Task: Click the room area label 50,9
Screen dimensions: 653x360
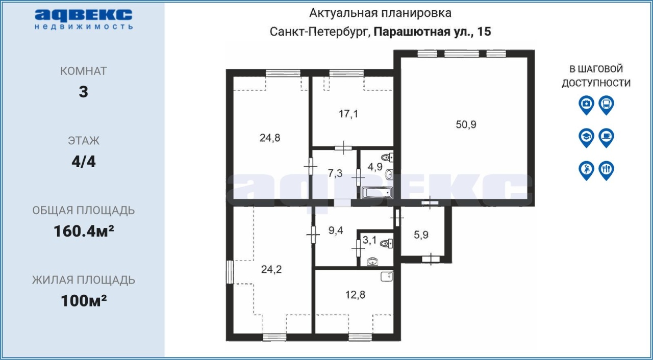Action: click(x=466, y=124)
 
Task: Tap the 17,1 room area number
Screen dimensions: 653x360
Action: click(x=348, y=114)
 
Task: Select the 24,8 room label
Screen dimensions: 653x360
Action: click(x=270, y=138)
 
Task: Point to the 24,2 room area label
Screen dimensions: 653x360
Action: click(x=271, y=270)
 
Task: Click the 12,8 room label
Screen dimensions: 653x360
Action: click(x=356, y=295)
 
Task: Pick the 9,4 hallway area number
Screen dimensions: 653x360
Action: click(x=336, y=230)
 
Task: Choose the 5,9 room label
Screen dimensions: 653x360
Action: click(x=421, y=235)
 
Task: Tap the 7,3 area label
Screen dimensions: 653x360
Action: click(x=335, y=173)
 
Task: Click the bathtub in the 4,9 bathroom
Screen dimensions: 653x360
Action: click(x=376, y=193)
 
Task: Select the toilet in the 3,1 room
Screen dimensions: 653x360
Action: click(x=387, y=243)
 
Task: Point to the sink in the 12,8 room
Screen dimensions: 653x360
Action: click(x=387, y=276)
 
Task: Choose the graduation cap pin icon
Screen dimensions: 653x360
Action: click(x=586, y=138)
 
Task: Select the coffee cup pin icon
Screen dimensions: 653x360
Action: click(x=607, y=138)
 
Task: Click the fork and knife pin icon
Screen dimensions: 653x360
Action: click(x=607, y=171)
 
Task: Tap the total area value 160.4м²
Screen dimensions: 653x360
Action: click(x=84, y=232)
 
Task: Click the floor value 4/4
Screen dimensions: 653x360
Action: click(x=84, y=162)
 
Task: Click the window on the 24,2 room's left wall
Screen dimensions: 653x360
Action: click(x=230, y=272)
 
